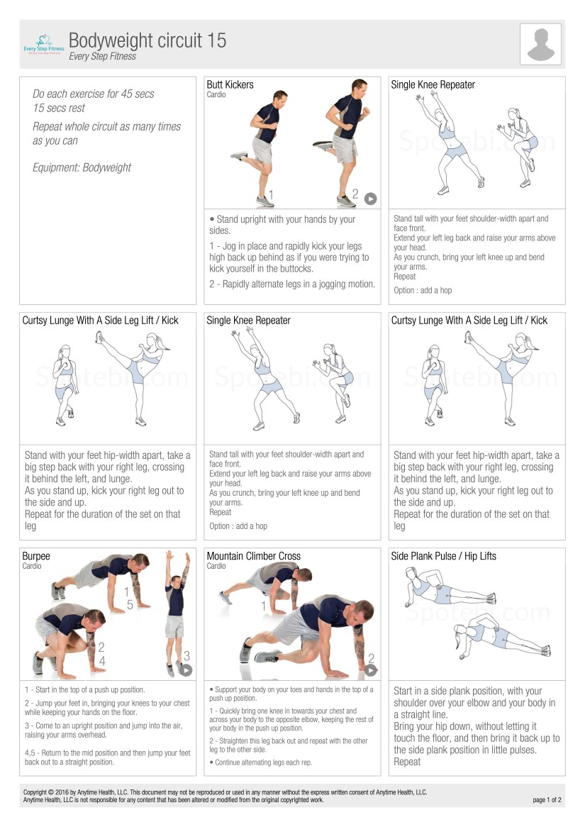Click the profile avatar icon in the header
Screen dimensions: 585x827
pos(540,44)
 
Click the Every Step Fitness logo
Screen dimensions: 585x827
pos(44,44)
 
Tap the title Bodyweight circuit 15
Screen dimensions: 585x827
pos(147,40)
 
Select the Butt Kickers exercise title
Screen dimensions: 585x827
pos(230,84)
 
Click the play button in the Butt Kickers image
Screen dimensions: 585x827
pos(371,199)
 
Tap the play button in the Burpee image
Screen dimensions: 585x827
pos(186,670)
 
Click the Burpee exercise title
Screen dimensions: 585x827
pos(36,556)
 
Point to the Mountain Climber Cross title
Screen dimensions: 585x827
pos(254,556)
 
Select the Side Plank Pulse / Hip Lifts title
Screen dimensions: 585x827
pos(444,556)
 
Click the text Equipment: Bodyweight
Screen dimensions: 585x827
pos(82,167)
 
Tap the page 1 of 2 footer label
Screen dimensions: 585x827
pos(547,800)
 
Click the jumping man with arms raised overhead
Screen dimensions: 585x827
pos(177,614)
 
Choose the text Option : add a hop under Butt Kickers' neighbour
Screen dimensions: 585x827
pos(423,290)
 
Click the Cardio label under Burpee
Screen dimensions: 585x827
pos(32,566)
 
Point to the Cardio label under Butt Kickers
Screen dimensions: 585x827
pos(216,94)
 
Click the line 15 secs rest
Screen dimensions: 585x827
pos(59,108)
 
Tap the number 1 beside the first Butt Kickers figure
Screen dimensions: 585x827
pos(271,194)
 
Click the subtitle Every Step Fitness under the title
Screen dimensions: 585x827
pos(102,57)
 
